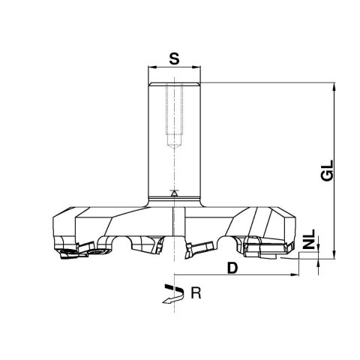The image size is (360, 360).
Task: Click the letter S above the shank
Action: tap(173, 57)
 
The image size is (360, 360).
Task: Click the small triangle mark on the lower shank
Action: tap(173, 193)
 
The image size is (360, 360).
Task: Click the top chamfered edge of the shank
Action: tap(173, 84)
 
